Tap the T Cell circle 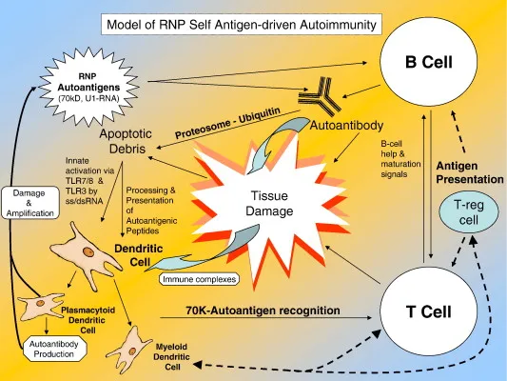(x=431, y=311)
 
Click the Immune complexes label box (x=197, y=279)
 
